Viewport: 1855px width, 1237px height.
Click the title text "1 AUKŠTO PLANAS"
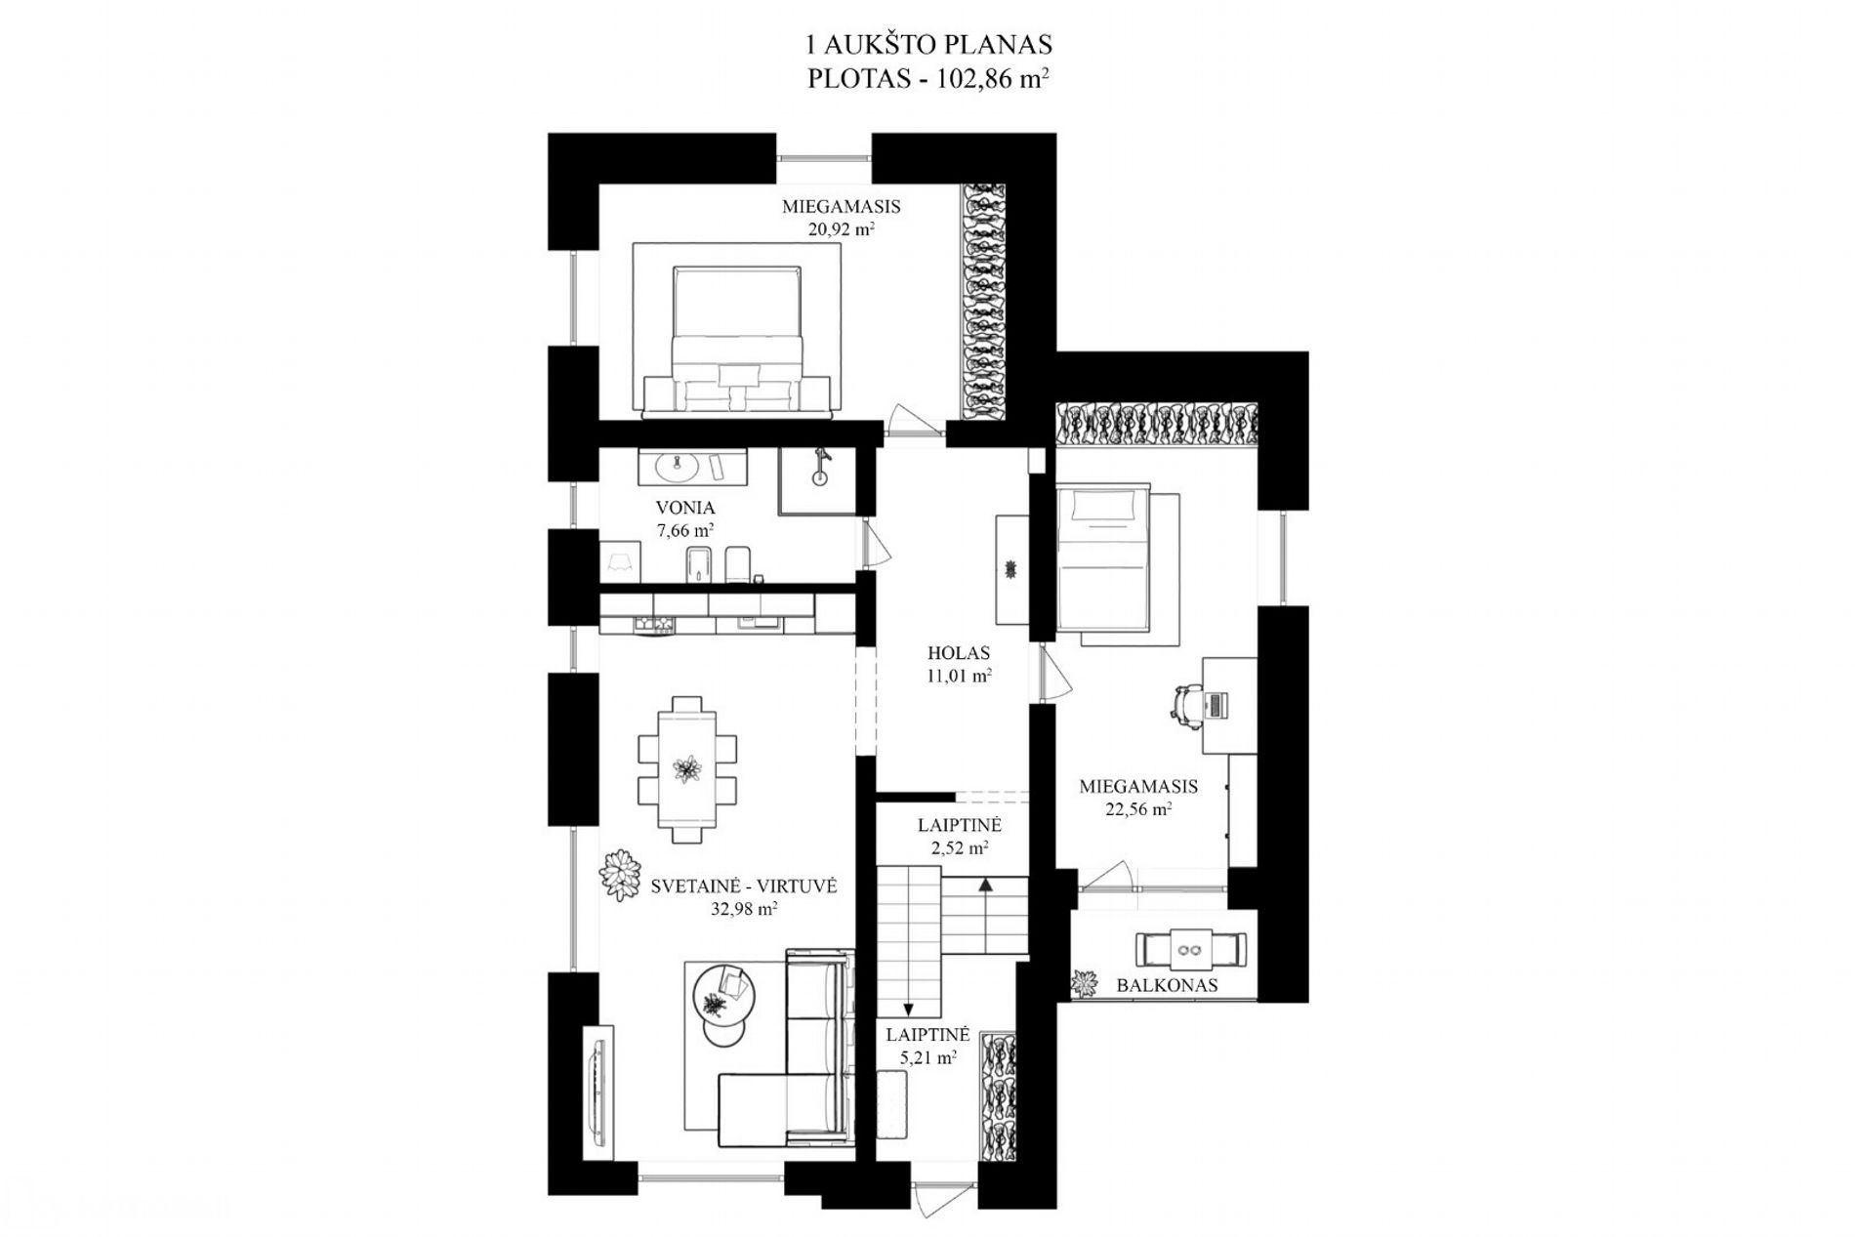pos(927,45)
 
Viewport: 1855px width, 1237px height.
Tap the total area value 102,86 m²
pos(992,78)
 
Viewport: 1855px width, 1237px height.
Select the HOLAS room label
pos(959,653)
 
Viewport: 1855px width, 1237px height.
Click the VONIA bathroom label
pos(685,508)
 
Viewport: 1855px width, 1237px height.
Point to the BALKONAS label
pos(1167,985)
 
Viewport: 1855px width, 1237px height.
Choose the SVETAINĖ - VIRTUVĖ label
pos(744,887)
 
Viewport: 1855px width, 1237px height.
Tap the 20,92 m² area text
pos(841,230)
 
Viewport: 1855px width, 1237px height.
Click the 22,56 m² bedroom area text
pos(1138,808)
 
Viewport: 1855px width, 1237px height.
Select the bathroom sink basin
pos(673,468)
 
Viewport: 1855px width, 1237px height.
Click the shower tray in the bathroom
pos(817,480)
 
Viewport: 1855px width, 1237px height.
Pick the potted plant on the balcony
pos(1084,982)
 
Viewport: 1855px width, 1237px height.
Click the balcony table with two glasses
pos(1190,948)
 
